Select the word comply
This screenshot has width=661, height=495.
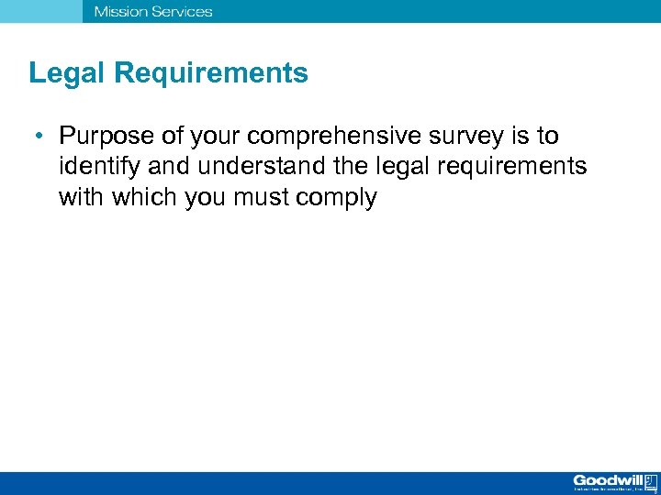(x=343, y=199)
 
